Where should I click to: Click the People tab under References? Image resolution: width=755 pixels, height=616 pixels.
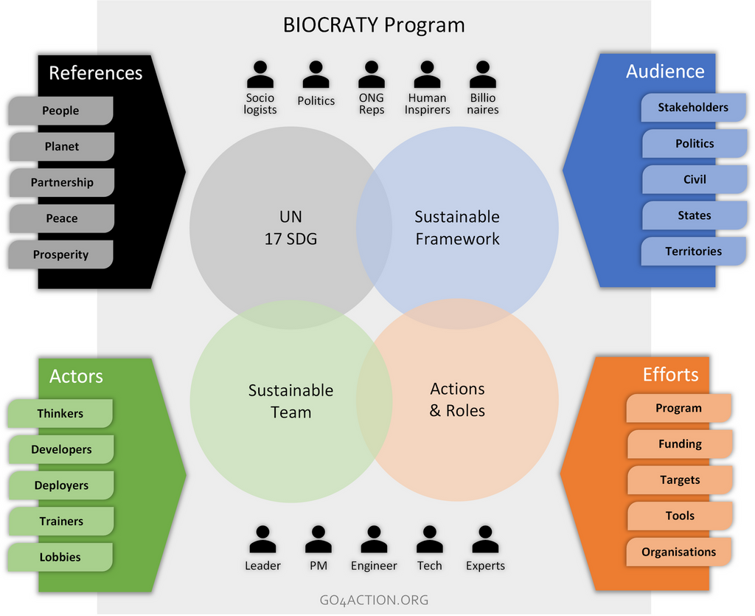click(x=60, y=111)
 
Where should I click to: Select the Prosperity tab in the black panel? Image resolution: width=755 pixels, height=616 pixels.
click(x=60, y=255)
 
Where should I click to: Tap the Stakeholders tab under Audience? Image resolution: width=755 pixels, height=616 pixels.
click(x=693, y=108)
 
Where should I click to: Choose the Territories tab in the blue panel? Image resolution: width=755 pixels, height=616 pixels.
click(x=693, y=252)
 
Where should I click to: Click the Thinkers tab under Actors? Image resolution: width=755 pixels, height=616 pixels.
click(x=60, y=414)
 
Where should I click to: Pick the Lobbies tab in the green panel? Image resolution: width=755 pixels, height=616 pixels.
click(x=60, y=558)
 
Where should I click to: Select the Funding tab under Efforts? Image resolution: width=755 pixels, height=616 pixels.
click(x=680, y=444)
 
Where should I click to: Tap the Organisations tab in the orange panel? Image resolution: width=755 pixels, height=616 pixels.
click(x=678, y=552)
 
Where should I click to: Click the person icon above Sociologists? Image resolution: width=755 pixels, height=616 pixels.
click(x=260, y=75)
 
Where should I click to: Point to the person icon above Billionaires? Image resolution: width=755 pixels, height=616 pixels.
click(x=483, y=75)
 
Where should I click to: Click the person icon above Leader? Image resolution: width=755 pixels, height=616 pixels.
click(x=262, y=539)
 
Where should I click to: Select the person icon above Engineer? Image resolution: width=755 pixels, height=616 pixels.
click(x=374, y=539)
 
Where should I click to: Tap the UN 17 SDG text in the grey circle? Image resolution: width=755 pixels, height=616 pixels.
click(x=290, y=228)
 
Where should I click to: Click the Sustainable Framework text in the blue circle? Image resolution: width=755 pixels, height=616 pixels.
click(x=457, y=228)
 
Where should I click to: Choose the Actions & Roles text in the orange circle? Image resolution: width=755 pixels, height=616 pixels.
click(x=457, y=400)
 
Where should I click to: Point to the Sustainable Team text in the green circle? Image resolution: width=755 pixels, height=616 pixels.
click(x=290, y=401)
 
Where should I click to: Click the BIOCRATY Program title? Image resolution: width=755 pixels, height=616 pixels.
click(x=374, y=25)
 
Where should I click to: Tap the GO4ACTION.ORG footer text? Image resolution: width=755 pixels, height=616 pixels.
click(x=374, y=601)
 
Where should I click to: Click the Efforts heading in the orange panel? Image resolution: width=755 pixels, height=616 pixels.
click(x=671, y=375)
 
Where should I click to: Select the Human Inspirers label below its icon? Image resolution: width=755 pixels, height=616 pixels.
click(x=427, y=104)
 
